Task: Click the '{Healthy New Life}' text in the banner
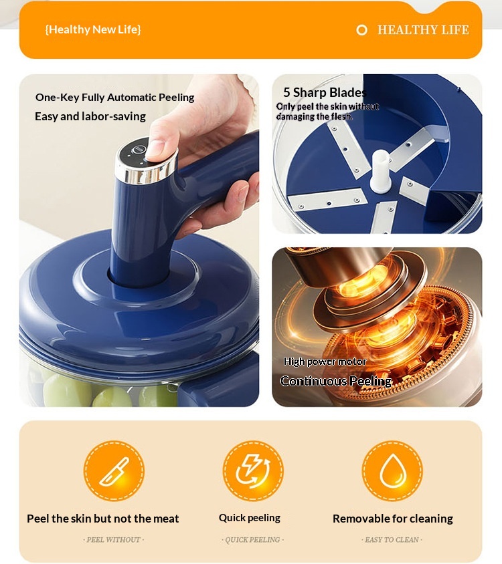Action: (93, 29)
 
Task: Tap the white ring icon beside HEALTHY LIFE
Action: (362, 30)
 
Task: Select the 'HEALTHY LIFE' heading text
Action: (423, 30)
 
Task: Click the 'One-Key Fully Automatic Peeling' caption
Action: (114, 98)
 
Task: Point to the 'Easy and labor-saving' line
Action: (90, 116)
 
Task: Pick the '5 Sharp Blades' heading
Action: (325, 93)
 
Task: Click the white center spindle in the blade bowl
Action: (381, 172)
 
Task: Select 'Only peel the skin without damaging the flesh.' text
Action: (327, 112)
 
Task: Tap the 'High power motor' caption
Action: (325, 362)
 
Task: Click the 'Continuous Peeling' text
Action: (336, 382)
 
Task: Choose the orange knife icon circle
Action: (114, 471)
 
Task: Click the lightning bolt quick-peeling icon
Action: (253, 471)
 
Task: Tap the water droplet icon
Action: (392, 471)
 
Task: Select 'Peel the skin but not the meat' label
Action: (102, 519)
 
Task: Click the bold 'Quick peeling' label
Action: (250, 518)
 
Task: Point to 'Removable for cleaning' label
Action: (393, 519)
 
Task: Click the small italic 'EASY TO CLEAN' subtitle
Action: (392, 540)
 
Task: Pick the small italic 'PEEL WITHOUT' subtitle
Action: (114, 540)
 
